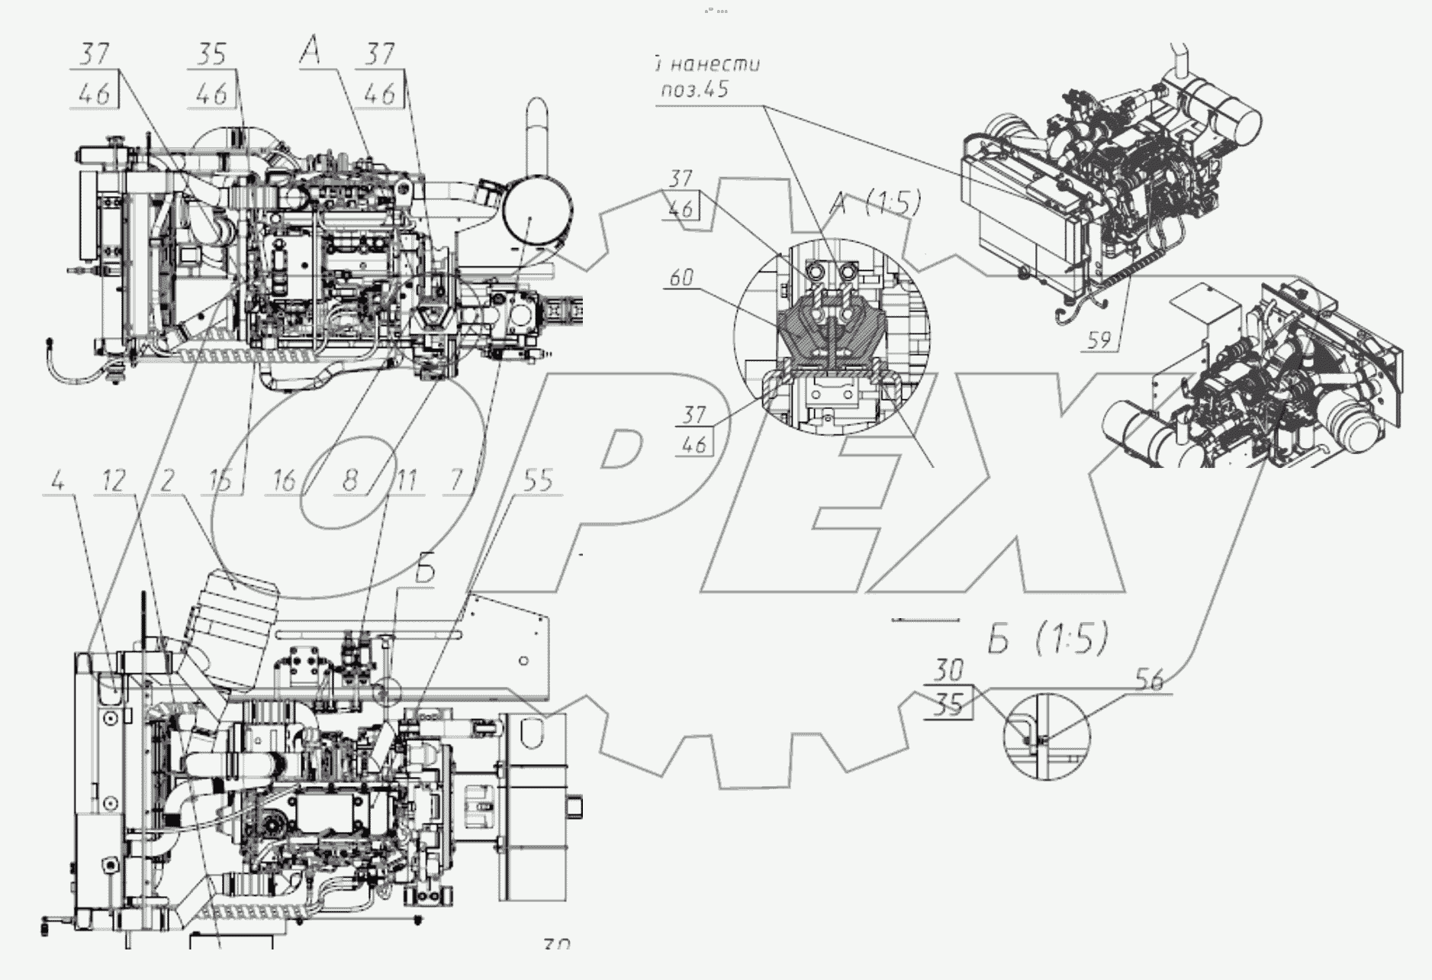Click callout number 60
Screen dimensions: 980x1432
[681, 278]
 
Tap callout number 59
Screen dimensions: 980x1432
[1099, 340]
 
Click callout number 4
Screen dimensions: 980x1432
[58, 482]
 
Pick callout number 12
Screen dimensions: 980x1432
[114, 482]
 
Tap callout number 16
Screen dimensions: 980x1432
[284, 482]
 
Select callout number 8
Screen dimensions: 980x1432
[349, 482]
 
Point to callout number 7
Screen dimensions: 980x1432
[456, 482]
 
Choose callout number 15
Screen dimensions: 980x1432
[220, 482]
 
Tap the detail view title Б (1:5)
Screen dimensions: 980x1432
[1047, 640]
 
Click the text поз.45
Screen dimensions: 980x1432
[693, 89]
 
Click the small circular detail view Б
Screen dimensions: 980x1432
[1047, 737]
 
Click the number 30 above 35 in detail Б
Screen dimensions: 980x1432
[949, 672]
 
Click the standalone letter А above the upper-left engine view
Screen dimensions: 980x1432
[311, 52]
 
